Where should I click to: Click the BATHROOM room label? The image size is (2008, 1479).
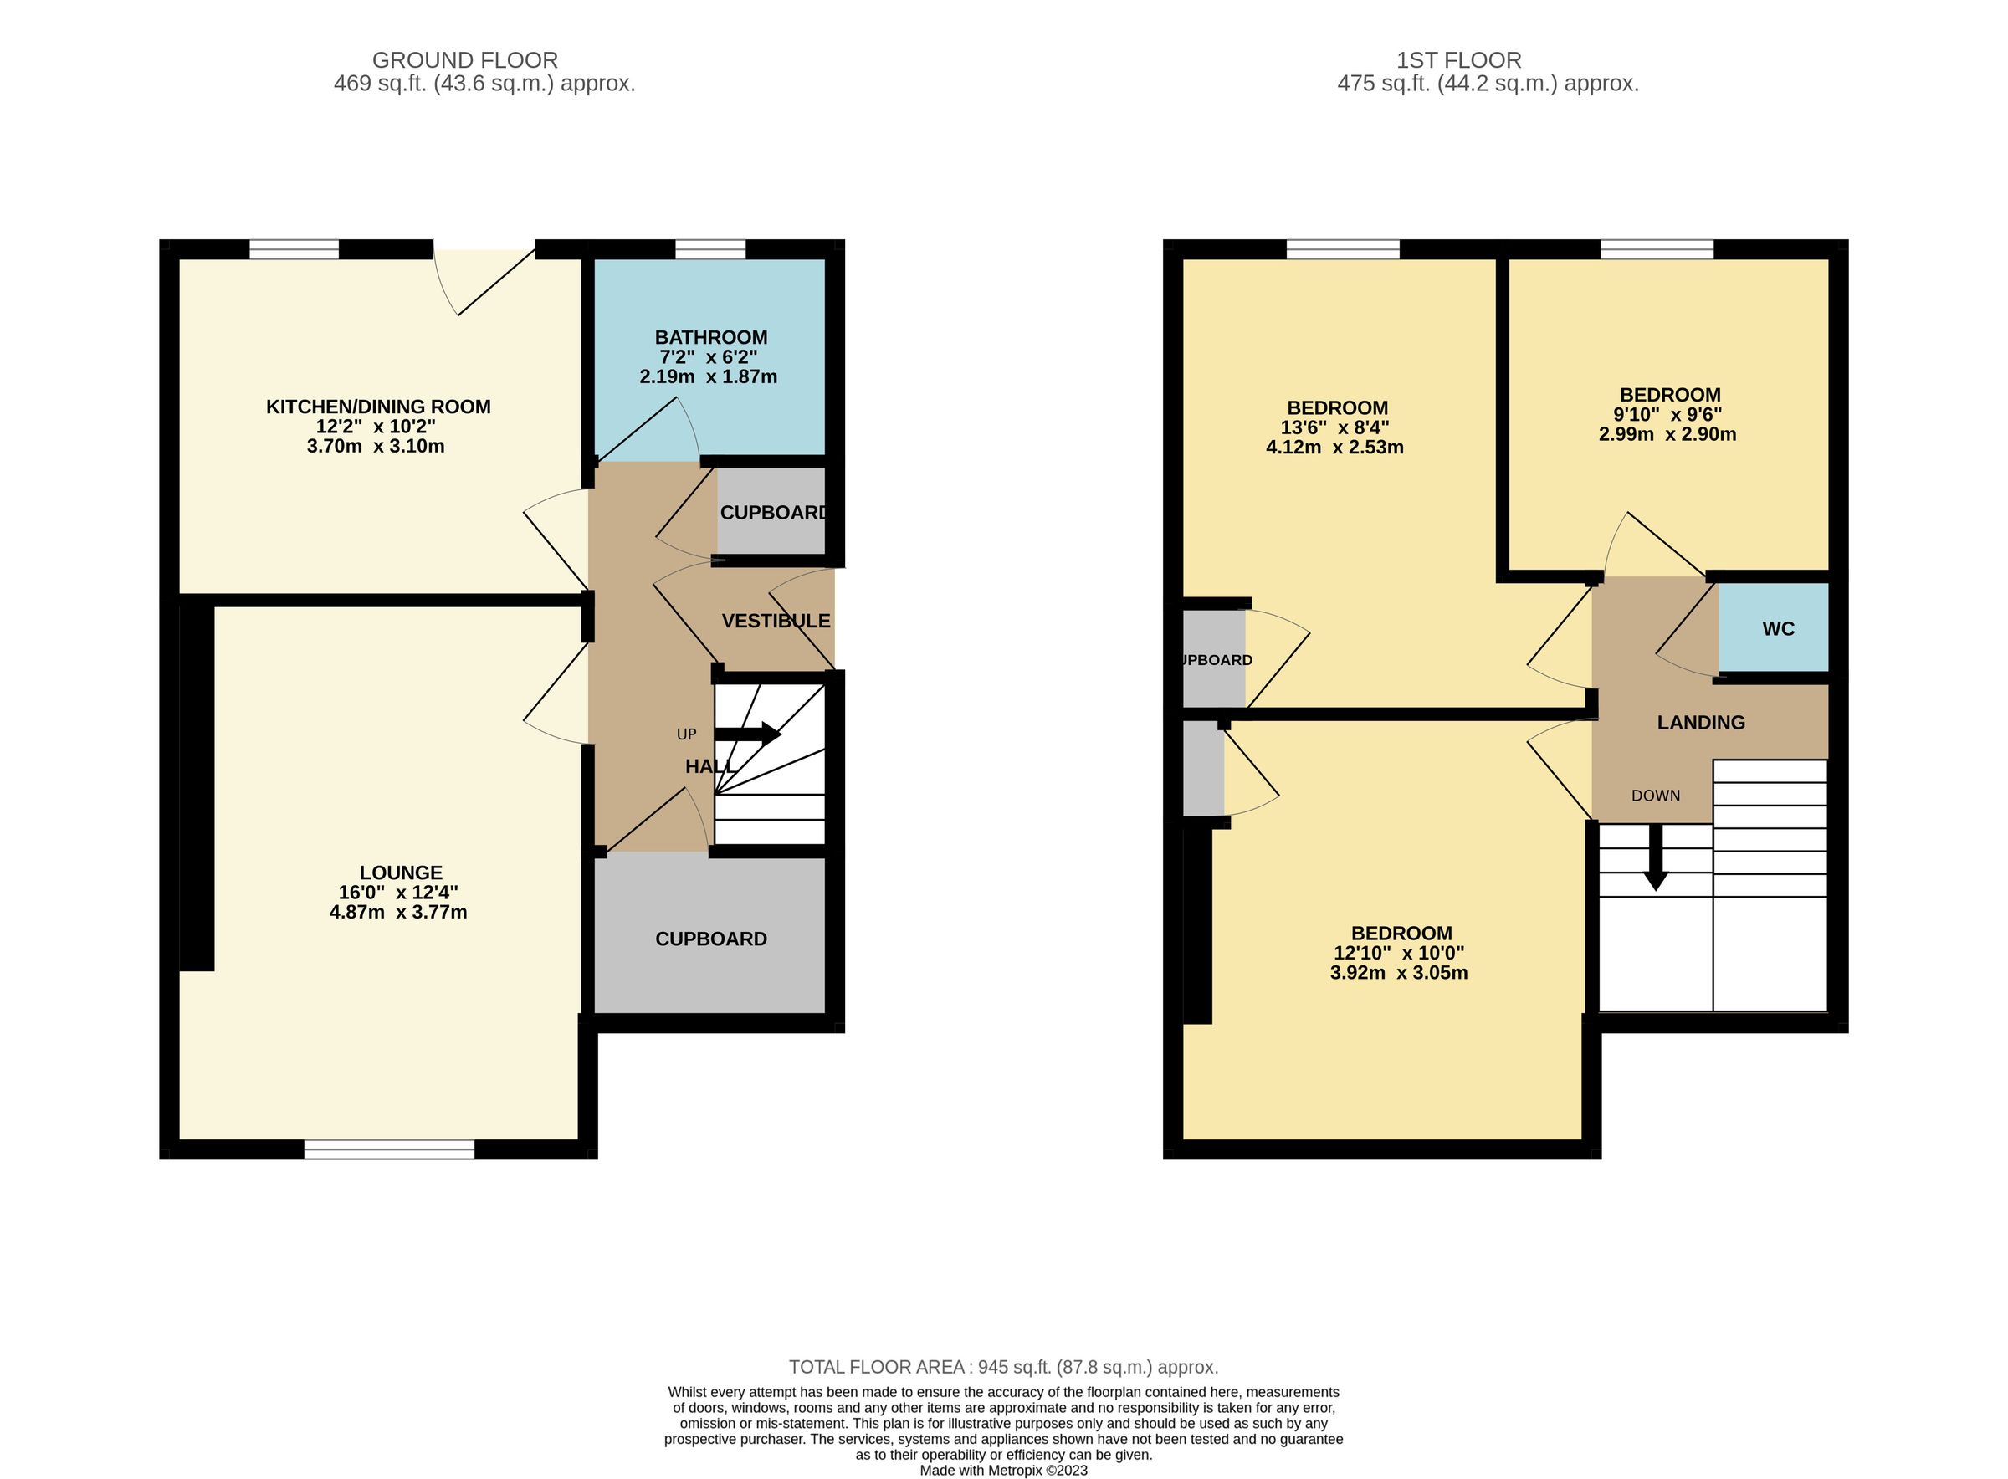tap(711, 337)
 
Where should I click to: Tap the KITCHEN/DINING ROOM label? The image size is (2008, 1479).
tap(378, 407)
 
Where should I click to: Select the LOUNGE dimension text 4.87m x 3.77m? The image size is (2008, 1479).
tap(398, 913)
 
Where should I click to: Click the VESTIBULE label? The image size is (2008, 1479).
tap(776, 621)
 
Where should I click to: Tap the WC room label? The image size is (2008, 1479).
tap(1778, 628)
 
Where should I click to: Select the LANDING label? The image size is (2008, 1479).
tap(1700, 723)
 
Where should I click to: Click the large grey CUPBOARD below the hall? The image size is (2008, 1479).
tap(711, 939)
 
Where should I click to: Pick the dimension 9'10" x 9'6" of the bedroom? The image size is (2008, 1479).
tap(1667, 415)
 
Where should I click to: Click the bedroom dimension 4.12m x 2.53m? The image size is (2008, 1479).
tap(1334, 447)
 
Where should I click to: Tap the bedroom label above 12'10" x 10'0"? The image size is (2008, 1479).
tap(1401, 933)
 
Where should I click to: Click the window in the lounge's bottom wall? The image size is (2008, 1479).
tap(389, 1149)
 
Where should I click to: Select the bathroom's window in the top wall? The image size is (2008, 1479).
tap(710, 249)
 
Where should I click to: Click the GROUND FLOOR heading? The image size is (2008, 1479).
tap(464, 60)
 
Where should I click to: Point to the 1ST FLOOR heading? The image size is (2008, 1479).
tap(1458, 60)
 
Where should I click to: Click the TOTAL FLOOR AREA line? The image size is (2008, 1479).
tap(1002, 1367)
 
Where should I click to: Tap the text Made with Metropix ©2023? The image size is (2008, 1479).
tap(1002, 1470)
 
